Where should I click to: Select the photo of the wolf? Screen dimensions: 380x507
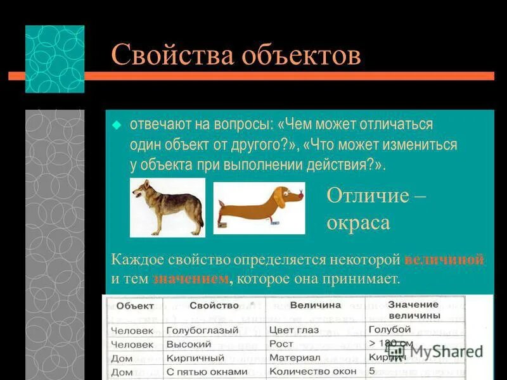coord(167,207)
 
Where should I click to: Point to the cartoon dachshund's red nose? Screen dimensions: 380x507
coord(300,196)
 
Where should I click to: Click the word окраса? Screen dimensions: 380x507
coord(358,223)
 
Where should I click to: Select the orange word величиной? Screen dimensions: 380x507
coord(444,259)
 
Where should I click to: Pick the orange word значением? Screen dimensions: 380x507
coord(190,279)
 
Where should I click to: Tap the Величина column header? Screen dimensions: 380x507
coord(315,305)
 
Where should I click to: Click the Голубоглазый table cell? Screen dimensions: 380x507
coord(202,330)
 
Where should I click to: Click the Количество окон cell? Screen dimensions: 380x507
coord(309,371)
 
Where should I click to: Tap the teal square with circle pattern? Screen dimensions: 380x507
coord(55,59)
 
